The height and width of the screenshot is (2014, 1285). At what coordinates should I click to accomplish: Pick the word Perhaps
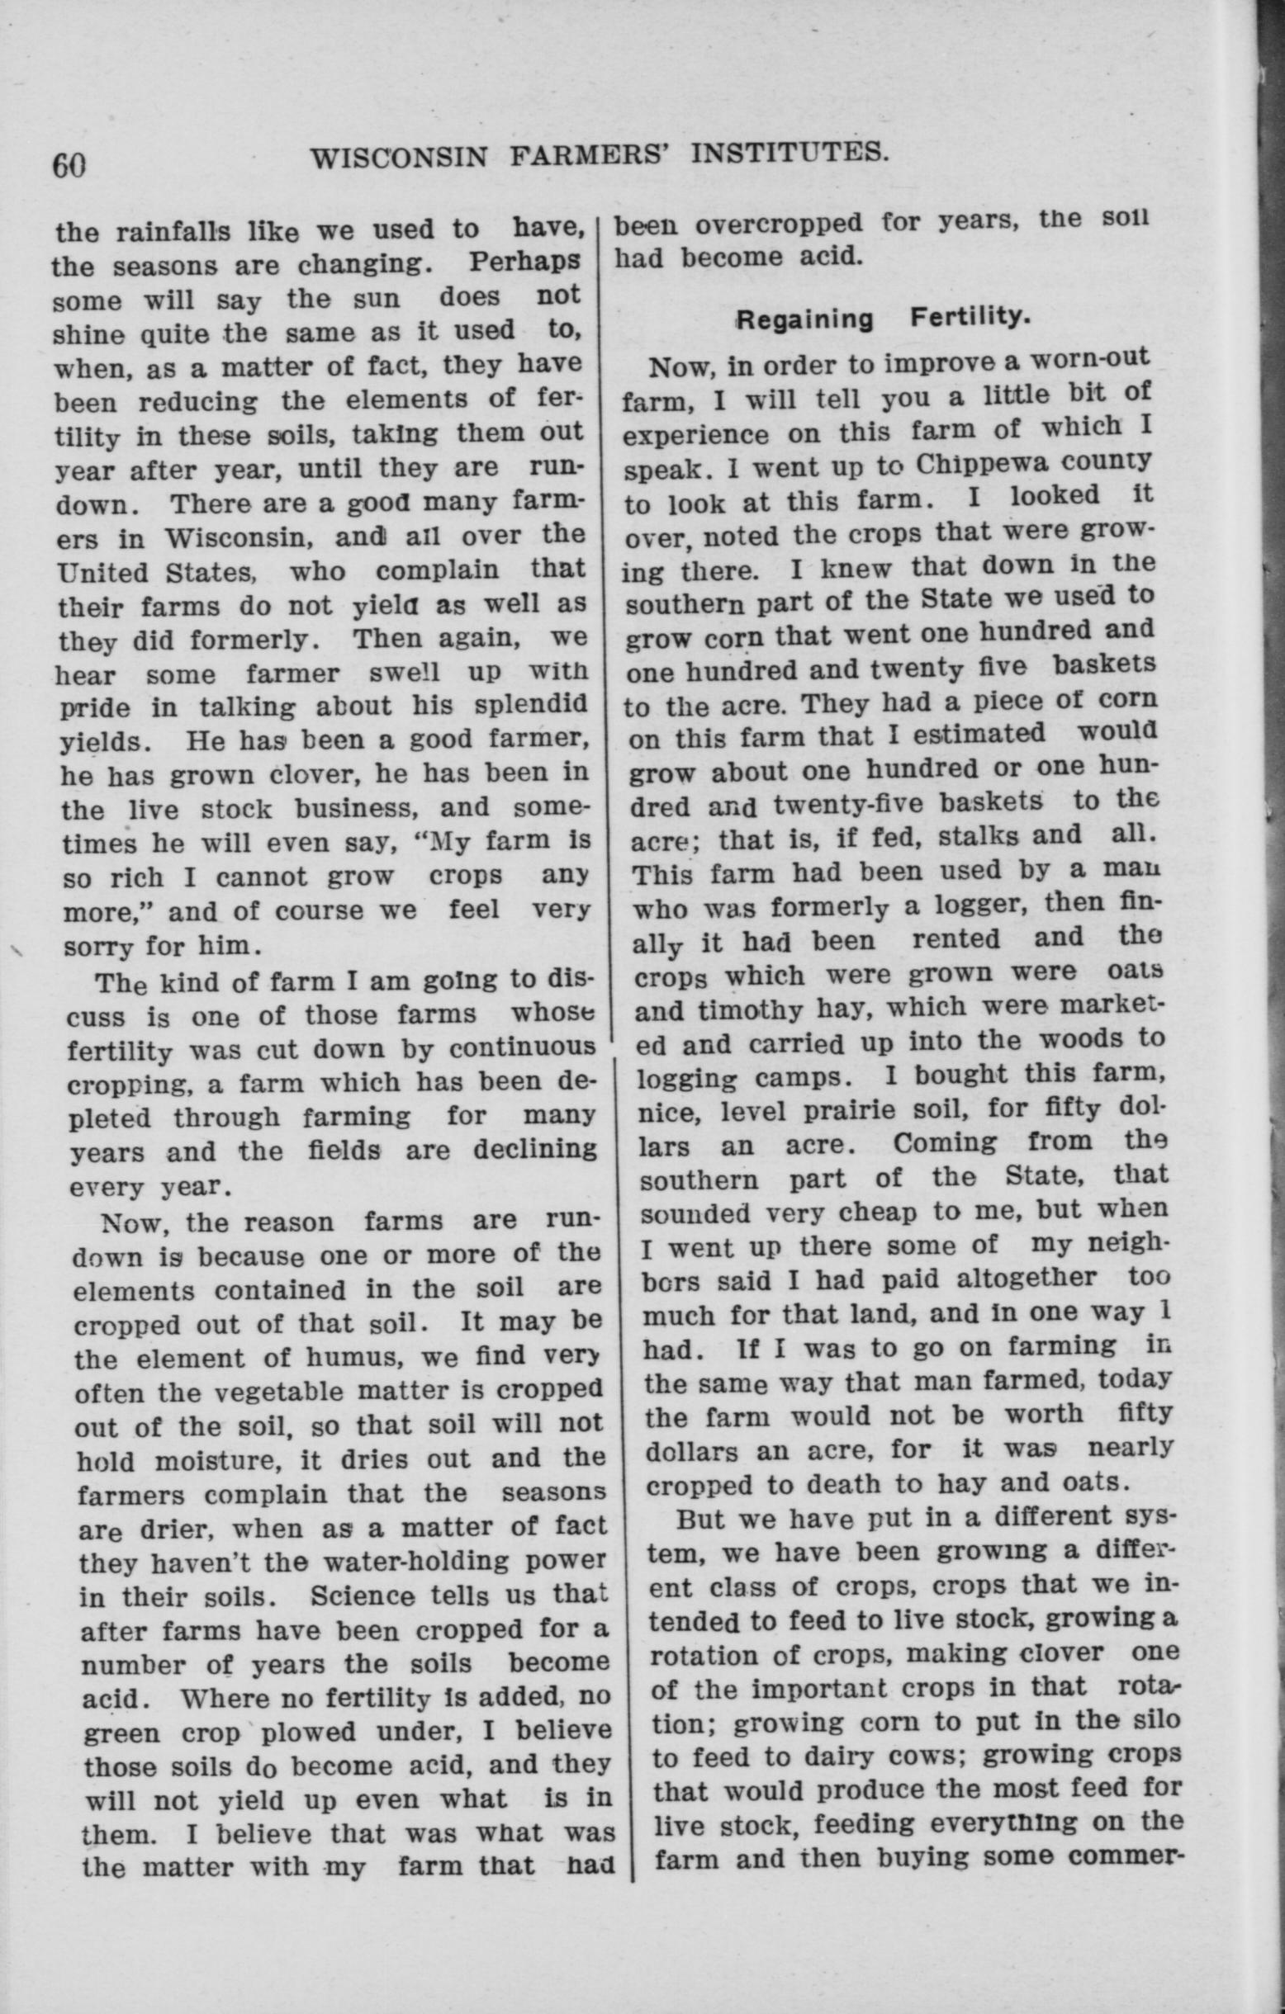[x=524, y=261]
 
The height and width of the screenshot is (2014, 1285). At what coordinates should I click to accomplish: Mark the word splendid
[x=530, y=704]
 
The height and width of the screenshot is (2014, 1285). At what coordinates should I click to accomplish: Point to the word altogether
[x=1026, y=1278]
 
